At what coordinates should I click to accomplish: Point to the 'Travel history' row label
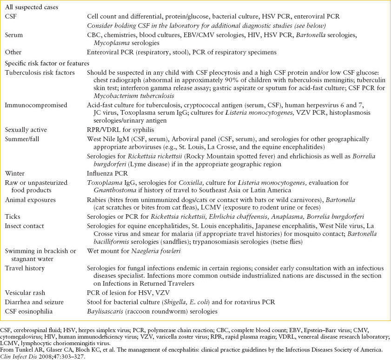click(25, 268)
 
